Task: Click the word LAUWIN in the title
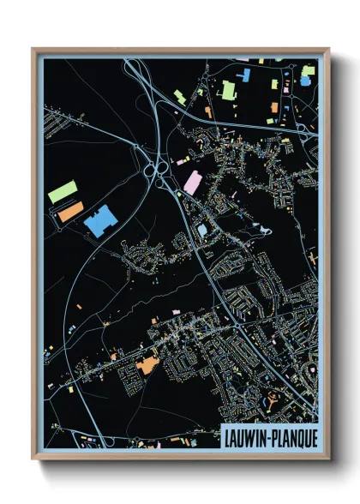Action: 244,437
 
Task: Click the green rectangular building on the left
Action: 63,191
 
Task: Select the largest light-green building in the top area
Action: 229,88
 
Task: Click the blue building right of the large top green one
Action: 245,75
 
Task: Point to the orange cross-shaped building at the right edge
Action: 314,256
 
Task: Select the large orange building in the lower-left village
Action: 147,366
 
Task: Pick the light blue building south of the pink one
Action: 201,231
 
